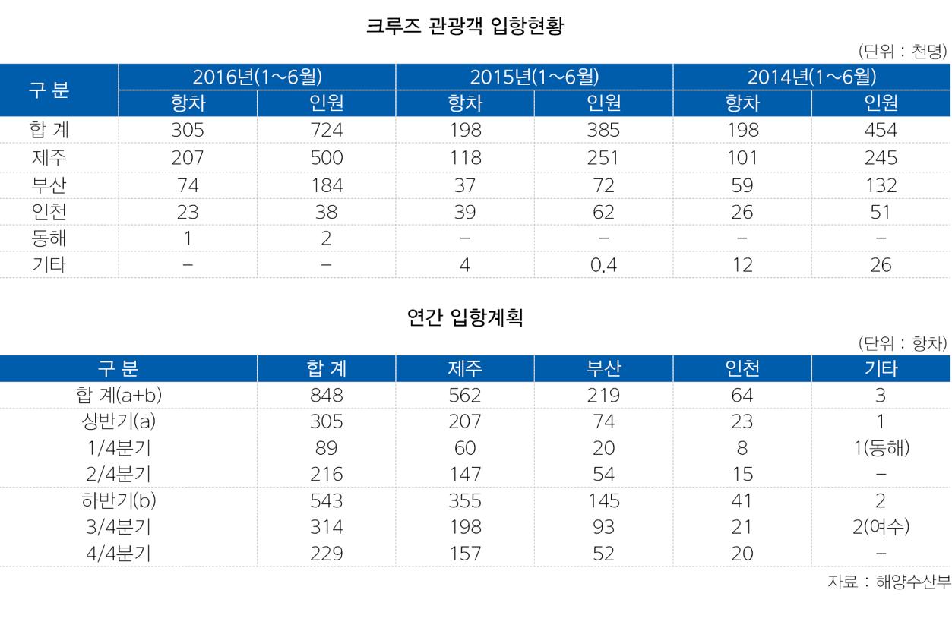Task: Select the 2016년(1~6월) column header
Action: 257,77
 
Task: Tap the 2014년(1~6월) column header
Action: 811,77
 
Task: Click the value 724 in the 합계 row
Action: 327,131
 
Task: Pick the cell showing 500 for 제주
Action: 327,158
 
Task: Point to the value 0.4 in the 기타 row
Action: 603,266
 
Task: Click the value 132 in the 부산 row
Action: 881,185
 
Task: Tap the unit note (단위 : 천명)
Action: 903,52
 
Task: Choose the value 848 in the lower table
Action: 327,396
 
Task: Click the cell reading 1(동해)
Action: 881,449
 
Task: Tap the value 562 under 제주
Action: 465,396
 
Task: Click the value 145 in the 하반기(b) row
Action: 603,501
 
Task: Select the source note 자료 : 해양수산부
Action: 889,582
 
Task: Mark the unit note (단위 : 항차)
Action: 903,343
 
